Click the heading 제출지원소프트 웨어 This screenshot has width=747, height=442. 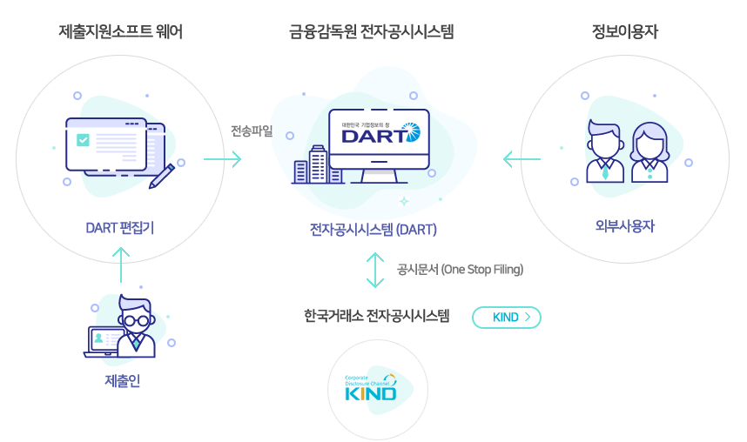[121, 33]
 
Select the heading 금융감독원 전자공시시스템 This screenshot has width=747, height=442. [373, 33]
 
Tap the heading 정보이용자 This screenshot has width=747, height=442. [625, 33]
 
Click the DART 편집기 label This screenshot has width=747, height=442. [120, 228]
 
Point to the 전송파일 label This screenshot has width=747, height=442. [252, 131]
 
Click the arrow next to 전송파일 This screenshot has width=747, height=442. [222, 159]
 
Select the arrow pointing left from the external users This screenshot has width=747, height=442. [522, 159]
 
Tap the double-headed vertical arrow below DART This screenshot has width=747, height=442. [374, 270]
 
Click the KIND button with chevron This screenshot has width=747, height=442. [506, 318]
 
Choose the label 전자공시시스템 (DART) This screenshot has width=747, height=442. [373, 230]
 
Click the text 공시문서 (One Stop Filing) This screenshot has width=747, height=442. [460, 269]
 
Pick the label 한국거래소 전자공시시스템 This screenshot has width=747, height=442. [377, 315]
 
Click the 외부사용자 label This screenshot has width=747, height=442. [625, 226]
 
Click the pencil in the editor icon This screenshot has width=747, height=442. [162, 175]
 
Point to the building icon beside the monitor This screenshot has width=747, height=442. [311, 164]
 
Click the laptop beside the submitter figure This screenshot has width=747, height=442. [102, 342]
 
